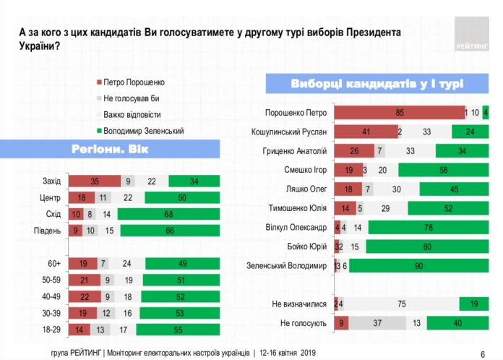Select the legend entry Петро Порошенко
coord(134,81)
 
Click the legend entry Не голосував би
coord(131,98)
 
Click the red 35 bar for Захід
coord(94,181)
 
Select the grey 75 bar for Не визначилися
coord(402,304)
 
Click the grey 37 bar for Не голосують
coord(377,323)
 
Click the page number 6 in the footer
coord(482,352)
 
